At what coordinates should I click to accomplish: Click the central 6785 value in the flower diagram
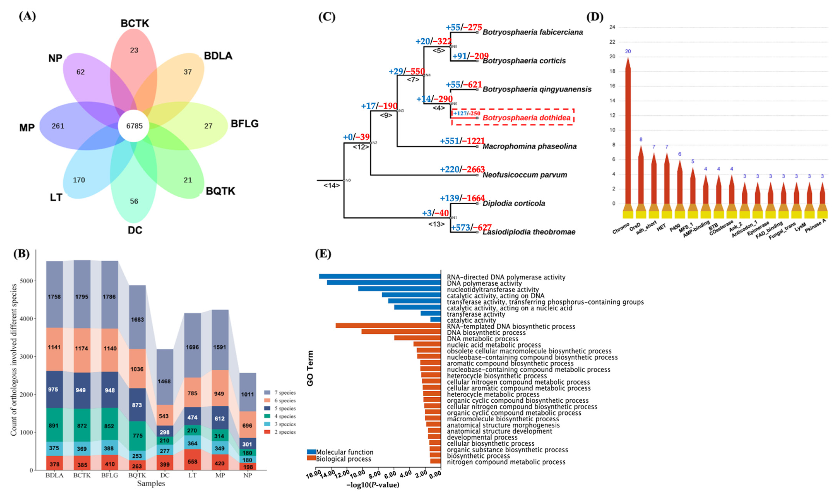(x=134, y=126)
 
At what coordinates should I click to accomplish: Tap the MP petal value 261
(x=58, y=126)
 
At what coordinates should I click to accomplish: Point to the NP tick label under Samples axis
(x=247, y=475)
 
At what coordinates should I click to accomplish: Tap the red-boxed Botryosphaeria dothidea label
(x=526, y=118)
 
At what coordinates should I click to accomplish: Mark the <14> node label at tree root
(x=332, y=186)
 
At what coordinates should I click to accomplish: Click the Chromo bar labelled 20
(x=627, y=133)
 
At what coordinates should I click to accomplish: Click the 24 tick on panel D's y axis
(x=612, y=27)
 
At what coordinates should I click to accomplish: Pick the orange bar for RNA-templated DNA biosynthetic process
(x=388, y=326)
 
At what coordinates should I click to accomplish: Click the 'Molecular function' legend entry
(x=344, y=452)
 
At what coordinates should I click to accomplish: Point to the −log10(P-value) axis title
(x=373, y=485)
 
